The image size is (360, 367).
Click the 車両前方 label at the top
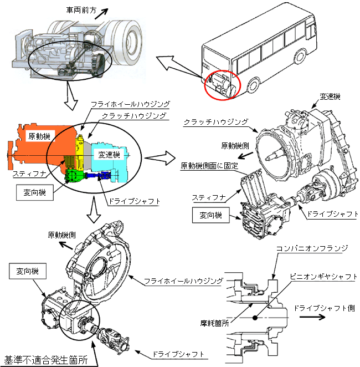(81, 11)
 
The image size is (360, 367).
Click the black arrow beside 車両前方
(101, 14)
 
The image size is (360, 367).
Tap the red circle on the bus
(222, 85)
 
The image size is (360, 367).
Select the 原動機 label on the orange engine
(39, 136)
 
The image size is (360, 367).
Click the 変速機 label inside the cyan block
(109, 155)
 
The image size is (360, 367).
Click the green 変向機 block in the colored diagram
(74, 175)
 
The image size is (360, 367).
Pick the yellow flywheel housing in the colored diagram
(80, 152)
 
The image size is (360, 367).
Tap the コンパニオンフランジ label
(312, 248)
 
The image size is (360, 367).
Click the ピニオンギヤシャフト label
(323, 277)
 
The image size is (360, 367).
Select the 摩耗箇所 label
(214, 323)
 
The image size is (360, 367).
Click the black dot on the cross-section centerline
(255, 318)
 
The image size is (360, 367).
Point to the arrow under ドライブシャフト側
(312, 317)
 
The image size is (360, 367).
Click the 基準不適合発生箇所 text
(46, 360)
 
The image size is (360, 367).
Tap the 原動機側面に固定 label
(209, 166)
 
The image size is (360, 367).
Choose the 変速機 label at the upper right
(330, 96)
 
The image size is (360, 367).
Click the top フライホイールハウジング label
(130, 104)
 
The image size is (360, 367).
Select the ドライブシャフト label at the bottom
(178, 354)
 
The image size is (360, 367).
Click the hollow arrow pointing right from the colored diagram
(160, 158)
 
